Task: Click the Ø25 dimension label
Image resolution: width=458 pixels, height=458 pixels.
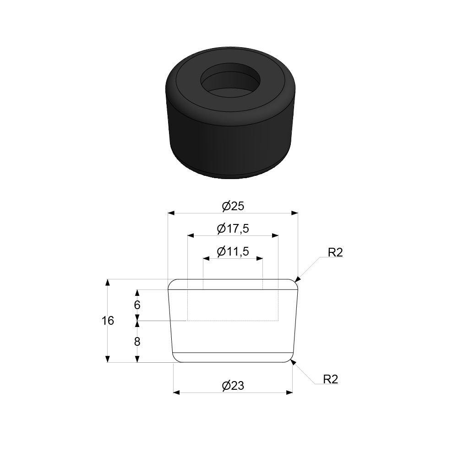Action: [x=233, y=206]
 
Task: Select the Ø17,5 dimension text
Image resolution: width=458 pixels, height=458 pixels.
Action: [x=233, y=228]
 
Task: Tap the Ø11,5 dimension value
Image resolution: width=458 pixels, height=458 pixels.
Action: [x=233, y=251]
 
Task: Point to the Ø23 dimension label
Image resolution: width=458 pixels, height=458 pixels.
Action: [x=233, y=386]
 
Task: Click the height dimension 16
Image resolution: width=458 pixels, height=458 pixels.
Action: [x=108, y=321]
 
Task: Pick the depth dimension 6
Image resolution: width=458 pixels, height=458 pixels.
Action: [x=137, y=305]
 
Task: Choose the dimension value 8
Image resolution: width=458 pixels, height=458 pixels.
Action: [x=137, y=342]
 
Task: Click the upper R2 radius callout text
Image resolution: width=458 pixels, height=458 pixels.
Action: [x=335, y=252]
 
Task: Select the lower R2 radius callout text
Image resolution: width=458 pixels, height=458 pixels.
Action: [x=330, y=379]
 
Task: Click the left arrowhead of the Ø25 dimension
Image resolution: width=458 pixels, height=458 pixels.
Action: [x=171, y=213]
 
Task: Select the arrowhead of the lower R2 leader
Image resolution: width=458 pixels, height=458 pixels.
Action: [x=293, y=362]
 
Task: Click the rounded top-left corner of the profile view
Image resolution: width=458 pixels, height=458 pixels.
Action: [x=171, y=283]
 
